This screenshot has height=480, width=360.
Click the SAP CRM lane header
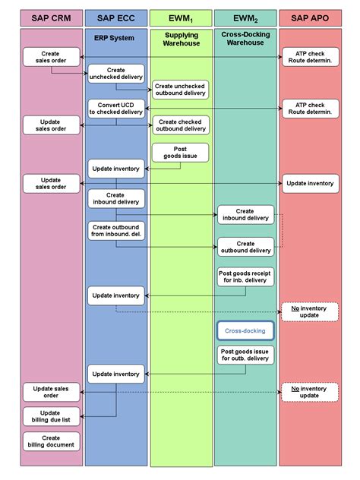click(x=52, y=18)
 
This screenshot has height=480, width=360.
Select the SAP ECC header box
click(x=116, y=18)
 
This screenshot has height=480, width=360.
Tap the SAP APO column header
click(x=310, y=18)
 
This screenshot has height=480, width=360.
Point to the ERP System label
click(x=114, y=38)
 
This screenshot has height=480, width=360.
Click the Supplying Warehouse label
click(x=182, y=39)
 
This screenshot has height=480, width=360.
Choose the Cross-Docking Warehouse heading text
click(x=245, y=39)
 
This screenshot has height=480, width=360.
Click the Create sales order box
click(x=51, y=57)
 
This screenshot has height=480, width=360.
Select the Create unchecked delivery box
click(x=116, y=74)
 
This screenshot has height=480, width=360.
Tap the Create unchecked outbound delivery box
click(x=180, y=90)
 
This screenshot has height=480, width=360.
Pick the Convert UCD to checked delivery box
click(x=116, y=109)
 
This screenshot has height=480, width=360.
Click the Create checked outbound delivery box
click(x=181, y=125)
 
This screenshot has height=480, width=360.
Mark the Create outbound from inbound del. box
click(x=116, y=231)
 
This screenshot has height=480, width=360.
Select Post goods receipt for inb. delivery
click(x=245, y=276)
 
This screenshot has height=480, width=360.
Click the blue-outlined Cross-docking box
click(x=245, y=330)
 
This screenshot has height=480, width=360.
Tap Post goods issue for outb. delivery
click(x=245, y=355)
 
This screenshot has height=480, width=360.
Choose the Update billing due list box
click(x=51, y=416)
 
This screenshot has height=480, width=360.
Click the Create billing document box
click(x=51, y=441)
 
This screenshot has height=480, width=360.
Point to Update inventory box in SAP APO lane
click(x=311, y=183)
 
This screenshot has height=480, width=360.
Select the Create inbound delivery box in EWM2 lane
click(x=245, y=215)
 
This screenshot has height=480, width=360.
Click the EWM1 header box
click(x=181, y=18)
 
